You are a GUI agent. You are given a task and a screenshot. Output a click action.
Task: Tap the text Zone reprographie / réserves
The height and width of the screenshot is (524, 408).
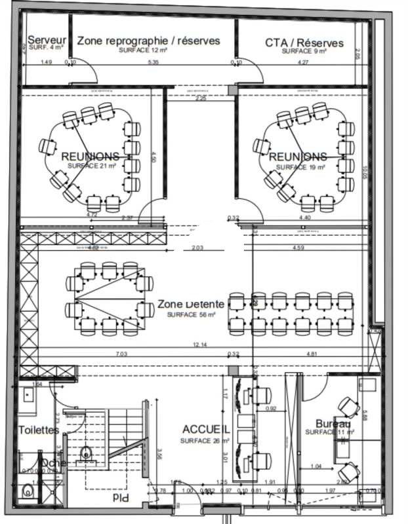coord(148,41)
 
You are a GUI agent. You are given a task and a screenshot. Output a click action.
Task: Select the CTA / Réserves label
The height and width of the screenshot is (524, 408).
coord(304,43)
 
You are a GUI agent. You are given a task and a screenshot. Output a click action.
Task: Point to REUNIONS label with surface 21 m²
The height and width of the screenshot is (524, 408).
coord(91,157)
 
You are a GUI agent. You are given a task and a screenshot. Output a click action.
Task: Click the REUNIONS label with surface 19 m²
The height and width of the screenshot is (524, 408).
coord(298,157)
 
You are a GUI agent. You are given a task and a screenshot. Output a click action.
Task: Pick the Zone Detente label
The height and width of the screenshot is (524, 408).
coord(191,305)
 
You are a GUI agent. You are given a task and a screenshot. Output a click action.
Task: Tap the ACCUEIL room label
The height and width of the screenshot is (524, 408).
coord(206,429)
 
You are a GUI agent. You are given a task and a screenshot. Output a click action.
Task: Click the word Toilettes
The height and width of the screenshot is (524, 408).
coord(39,430)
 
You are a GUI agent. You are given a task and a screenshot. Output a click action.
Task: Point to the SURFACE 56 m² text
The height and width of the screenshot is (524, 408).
coord(191,315)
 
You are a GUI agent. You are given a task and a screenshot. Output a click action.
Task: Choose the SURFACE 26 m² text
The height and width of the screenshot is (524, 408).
coord(205,441)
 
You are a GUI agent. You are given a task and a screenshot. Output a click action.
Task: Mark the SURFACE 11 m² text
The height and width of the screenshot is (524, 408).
coord(329,432)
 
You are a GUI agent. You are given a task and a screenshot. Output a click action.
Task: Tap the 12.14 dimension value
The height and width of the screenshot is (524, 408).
coord(200,345)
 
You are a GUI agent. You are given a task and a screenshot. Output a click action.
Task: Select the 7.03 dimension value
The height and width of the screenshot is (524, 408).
coord(122,354)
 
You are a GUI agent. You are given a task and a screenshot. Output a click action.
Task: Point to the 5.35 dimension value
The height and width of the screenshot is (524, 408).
coord(153,62)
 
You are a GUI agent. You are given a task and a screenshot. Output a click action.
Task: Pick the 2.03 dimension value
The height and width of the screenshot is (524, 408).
coord(199,248)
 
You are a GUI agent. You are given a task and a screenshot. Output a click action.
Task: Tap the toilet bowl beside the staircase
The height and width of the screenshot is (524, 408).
coord(85,452)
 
